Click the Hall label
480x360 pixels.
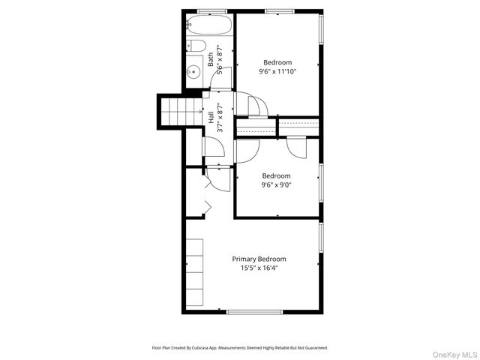tap(211, 118)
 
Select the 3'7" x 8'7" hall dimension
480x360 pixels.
tap(219, 118)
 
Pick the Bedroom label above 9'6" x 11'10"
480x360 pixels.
tap(277, 63)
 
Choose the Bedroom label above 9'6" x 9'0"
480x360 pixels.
tap(276, 176)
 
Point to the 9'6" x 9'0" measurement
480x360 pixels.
tap(276, 185)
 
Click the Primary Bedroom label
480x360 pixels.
tap(259, 259)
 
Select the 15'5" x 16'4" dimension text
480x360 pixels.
tap(259, 268)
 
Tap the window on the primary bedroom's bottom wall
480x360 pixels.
tap(254, 311)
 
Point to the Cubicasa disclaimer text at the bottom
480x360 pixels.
tap(240, 348)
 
